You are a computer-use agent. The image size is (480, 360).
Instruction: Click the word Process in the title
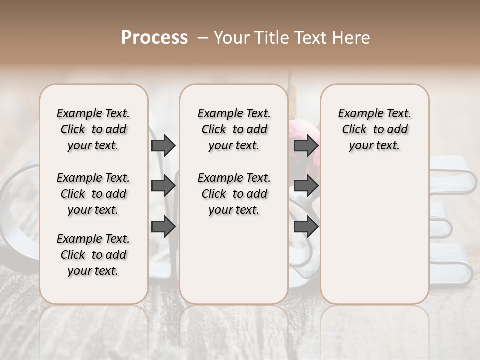point(154,38)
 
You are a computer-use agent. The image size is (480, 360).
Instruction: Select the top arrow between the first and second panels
point(163,145)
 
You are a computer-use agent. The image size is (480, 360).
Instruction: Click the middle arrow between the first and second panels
point(163,186)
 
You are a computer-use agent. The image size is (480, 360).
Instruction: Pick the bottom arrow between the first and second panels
point(163,227)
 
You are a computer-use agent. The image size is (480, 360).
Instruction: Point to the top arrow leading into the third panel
point(306,145)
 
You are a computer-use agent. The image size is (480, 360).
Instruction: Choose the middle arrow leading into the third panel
point(306,186)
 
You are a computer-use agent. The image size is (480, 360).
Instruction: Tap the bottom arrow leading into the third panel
point(306,227)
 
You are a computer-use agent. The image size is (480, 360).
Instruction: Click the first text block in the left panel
point(93,129)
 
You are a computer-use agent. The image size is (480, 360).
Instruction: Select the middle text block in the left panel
point(93,194)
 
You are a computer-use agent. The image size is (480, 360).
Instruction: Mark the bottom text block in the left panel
point(93,255)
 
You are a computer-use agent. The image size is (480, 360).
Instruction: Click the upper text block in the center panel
point(234,129)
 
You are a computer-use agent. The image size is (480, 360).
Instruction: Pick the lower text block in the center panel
point(234,194)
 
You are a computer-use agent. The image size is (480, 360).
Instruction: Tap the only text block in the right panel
point(375,129)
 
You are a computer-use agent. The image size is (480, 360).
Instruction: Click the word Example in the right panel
point(357,114)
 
